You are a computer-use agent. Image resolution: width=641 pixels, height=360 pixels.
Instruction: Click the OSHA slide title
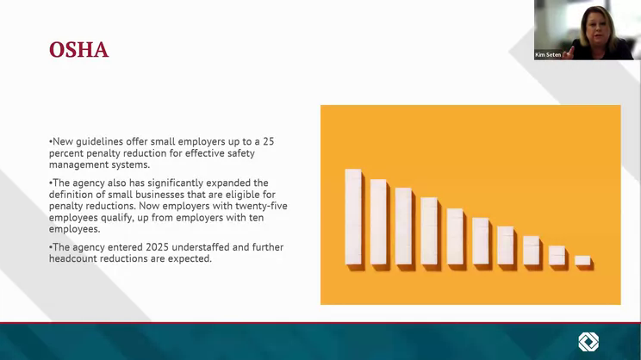(x=79, y=50)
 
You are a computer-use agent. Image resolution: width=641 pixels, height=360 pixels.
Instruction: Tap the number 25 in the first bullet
(x=268, y=141)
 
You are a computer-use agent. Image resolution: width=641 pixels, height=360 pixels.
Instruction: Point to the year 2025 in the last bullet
(x=157, y=247)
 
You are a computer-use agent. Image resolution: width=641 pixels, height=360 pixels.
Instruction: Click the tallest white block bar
(x=353, y=216)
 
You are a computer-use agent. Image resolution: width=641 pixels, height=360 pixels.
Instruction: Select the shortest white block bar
(x=582, y=260)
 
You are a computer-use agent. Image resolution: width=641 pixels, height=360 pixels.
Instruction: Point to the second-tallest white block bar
(x=378, y=222)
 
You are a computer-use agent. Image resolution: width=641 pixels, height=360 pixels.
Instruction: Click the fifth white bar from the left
(x=455, y=237)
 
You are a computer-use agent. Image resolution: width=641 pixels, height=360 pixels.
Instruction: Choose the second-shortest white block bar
(x=557, y=256)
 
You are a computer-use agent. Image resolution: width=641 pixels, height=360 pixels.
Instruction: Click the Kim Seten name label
(x=548, y=55)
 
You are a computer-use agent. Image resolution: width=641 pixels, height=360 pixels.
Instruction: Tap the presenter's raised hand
(x=569, y=53)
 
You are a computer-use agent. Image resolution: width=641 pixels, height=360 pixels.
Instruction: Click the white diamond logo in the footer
(x=588, y=342)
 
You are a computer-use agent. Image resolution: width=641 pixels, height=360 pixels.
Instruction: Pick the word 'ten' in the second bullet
(x=256, y=218)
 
